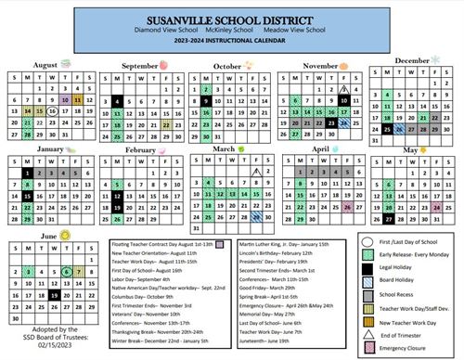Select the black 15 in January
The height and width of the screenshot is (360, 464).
pyautogui.click(x=29, y=196)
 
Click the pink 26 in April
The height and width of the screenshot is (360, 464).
pyautogui.click(x=347, y=207)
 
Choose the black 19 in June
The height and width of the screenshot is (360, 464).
pyautogui.click(x=54, y=295)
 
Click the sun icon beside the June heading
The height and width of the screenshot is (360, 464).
pyautogui.click(x=66, y=237)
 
